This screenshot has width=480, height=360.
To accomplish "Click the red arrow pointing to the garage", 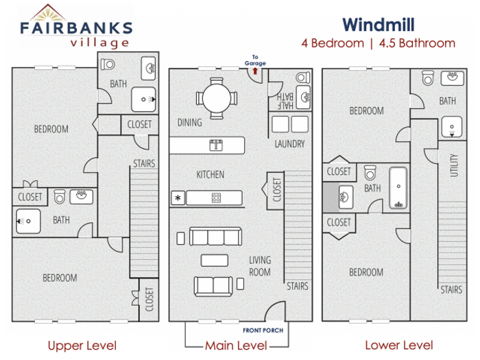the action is (x=255, y=71).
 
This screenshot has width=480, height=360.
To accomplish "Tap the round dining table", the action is (x=217, y=98).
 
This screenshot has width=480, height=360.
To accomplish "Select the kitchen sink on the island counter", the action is (x=216, y=145).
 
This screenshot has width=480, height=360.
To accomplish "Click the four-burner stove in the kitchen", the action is (x=216, y=197).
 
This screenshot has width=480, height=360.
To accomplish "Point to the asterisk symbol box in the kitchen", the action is (x=178, y=197).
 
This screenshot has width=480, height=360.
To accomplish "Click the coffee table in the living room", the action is (x=214, y=260).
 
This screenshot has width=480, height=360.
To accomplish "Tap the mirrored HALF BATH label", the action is (x=285, y=101).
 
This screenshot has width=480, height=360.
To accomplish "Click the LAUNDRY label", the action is (x=289, y=143).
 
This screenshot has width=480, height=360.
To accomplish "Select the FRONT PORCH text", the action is (x=263, y=331).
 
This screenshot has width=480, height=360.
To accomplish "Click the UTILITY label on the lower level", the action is (x=454, y=165).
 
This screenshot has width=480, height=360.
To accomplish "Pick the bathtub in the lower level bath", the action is (x=398, y=188).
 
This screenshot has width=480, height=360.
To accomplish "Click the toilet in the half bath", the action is (x=303, y=77).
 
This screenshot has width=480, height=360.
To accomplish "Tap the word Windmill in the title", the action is (x=379, y=25).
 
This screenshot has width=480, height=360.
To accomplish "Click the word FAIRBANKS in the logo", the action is (x=76, y=27).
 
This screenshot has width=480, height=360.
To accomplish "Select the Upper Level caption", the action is (x=82, y=346).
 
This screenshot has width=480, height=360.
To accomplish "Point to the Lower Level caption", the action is (x=399, y=346).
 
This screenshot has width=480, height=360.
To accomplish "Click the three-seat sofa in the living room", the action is (x=215, y=237).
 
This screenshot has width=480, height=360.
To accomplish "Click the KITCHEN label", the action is (x=211, y=174).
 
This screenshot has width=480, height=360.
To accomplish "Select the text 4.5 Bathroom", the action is (x=417, y=43).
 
